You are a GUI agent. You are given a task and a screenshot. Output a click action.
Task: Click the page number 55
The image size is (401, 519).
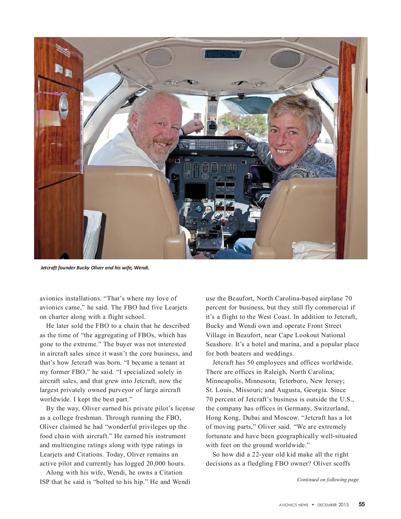point(362,504)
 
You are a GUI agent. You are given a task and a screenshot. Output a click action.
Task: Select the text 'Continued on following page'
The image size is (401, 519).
point(327,480)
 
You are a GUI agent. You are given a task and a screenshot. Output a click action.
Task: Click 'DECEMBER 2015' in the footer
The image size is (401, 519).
point(332,505)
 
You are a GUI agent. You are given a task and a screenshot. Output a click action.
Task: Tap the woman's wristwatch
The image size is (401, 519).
point(247,137)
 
